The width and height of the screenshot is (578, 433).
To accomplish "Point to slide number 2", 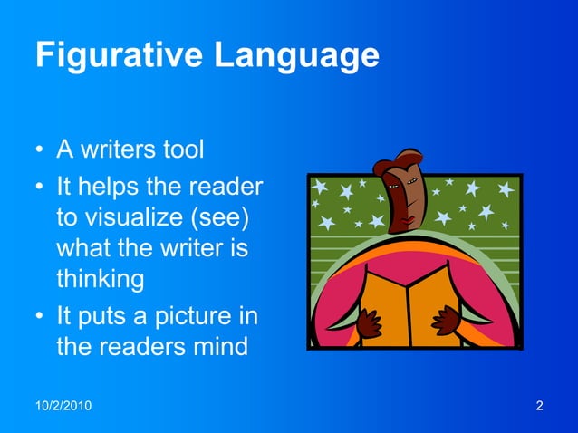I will [540, 405].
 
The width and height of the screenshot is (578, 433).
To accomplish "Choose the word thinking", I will [100, 280].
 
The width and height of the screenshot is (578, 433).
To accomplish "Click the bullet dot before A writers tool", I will [40, 149].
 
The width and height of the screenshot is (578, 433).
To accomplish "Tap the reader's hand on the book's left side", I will [368, 322].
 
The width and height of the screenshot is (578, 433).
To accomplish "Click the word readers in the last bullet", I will [133, 346].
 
